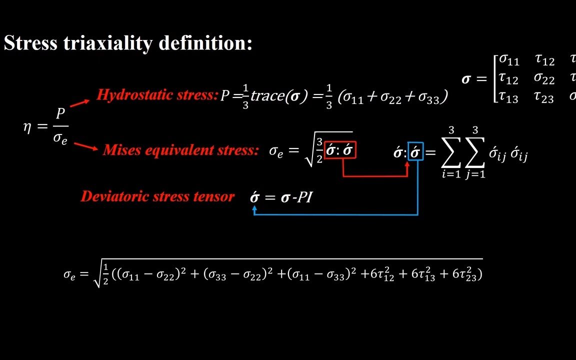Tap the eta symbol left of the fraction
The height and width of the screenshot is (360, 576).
tap(27, 127)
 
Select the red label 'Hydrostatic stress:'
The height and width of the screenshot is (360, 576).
tap(157, 94)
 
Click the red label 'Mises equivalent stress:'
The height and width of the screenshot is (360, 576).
tap(180, 149)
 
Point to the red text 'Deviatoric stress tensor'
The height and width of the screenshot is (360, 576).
tap(157, 196)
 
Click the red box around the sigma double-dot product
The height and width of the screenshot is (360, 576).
tap(340, 149)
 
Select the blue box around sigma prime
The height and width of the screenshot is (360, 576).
tap(415, 151)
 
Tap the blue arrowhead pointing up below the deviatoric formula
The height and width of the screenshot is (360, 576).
tap(254, 210)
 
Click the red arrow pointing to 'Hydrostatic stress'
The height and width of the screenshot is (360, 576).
tap(80, 103)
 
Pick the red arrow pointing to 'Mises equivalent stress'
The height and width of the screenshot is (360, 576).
tap(86, 146)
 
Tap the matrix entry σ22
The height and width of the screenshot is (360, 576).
tap(544, 78)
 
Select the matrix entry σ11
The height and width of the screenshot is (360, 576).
tap(509, 60)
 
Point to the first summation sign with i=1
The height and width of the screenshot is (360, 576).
tap(451, 152)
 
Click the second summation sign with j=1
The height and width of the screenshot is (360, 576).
tap(475, 152)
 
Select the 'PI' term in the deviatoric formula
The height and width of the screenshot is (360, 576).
tap(305, 197)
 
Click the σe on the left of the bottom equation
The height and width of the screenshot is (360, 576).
tap(69, 274)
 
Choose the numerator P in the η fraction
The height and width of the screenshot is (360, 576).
tap(60, 114)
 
